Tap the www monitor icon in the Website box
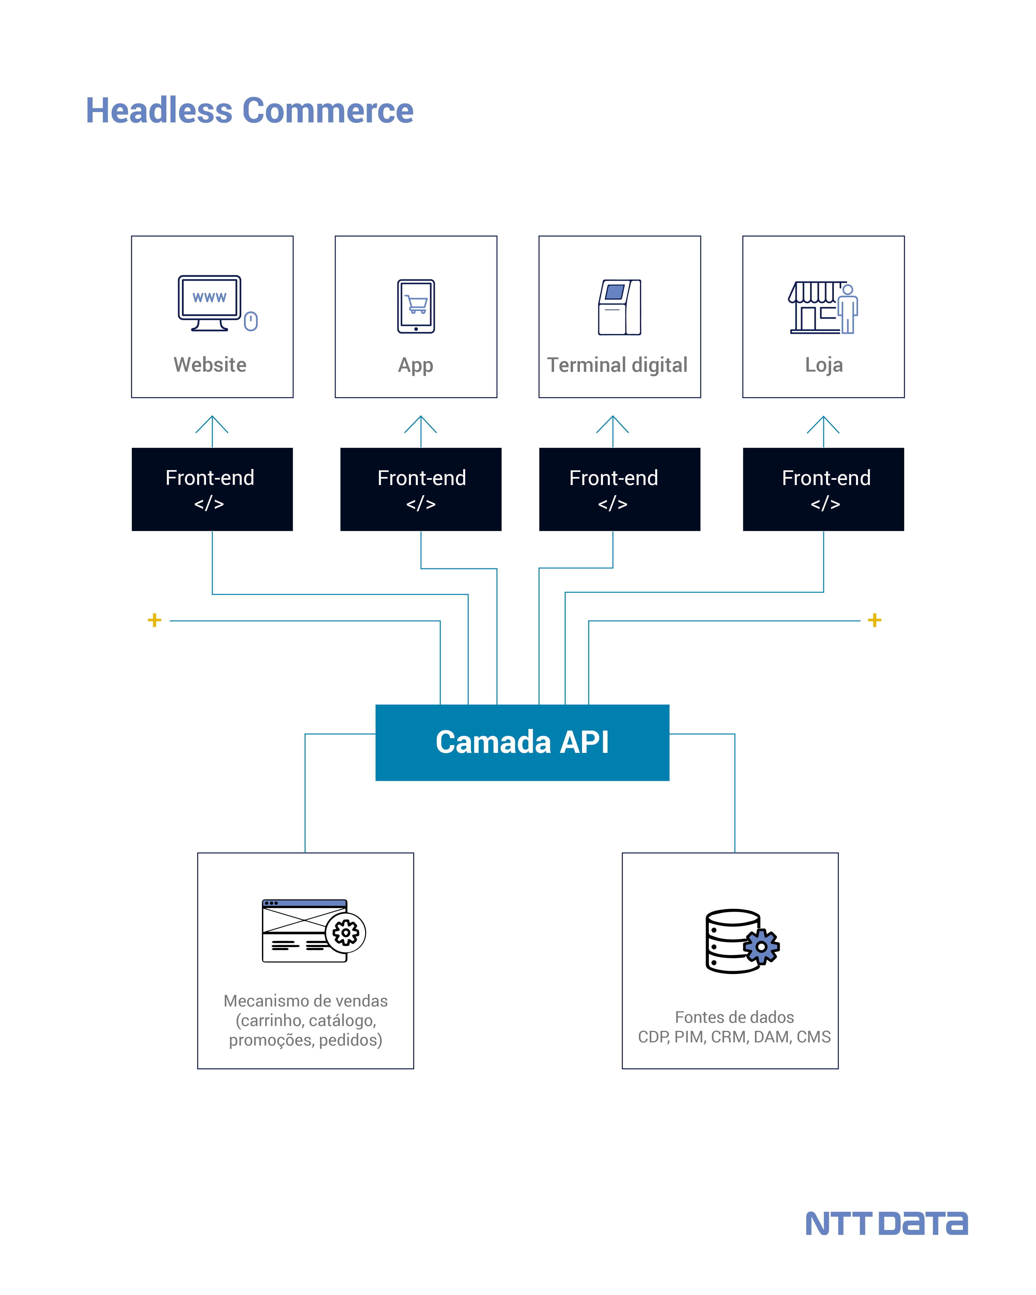pyautogui.click(x=209, y=302)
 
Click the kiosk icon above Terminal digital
pyautogui.click(x=620, y=307)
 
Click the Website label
pyautogui.click(x=210, y=365)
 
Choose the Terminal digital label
pyautogui.click(x=617, y=365)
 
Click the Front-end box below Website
pyautogui.click(x=212, y=489)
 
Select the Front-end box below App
pyautogui.click(x=421, y=489)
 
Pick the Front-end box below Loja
pyautogui.click(x=823, y=489)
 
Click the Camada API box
pyautogui.click(x=522, y=742)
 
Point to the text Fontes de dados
pyautogui.click(x=734, y=1017)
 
